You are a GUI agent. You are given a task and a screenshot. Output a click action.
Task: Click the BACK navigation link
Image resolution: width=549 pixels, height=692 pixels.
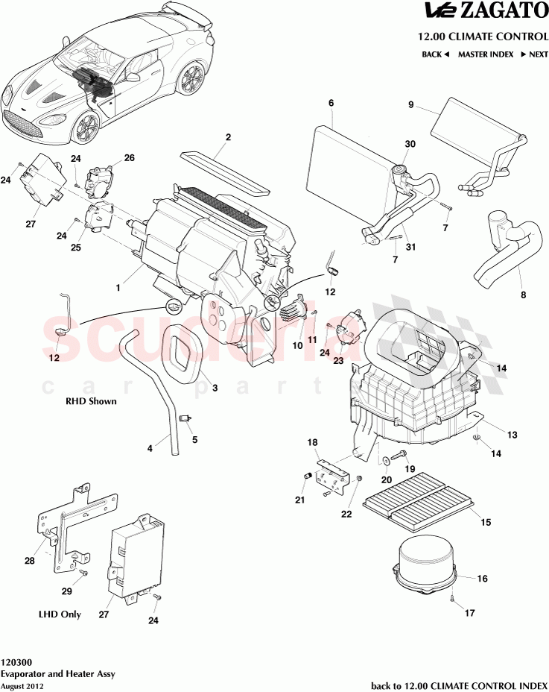(x=435, y=54)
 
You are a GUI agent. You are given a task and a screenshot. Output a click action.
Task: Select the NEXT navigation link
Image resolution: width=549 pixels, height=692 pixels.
(x=534, y=54)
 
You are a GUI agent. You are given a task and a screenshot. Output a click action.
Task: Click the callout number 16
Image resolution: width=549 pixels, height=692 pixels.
(x=482, y=578)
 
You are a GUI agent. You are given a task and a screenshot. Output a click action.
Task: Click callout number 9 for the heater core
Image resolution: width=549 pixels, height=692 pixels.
(x=410, y=105)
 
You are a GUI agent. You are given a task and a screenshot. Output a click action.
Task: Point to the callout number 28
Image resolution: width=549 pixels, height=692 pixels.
(x=30, y=561)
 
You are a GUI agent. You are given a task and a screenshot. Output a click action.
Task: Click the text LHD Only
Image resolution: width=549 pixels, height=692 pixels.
(x=60, y=615)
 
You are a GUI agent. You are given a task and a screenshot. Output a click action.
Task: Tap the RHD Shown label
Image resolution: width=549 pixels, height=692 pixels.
(x=91, y=400)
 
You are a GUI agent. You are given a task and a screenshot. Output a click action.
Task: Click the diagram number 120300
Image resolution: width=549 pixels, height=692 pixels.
(x=16, y=661)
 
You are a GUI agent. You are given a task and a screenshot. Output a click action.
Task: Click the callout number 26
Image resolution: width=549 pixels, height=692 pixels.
(x=129, y=158)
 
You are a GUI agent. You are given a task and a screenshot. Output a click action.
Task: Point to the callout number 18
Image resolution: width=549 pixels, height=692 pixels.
(x=314, y=443)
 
